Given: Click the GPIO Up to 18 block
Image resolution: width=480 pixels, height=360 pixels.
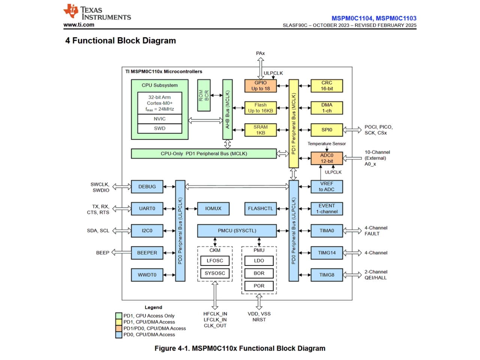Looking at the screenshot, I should pyautogui.click(x=260, y=86).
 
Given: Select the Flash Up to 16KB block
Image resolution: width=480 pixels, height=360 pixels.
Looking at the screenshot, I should pyautogui.click(x=260, y=108).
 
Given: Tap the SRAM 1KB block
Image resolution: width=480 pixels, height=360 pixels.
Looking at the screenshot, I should pyautogui.click(x=260, y=130).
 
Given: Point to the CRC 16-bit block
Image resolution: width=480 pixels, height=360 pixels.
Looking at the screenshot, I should pyautogui.click(x=327, y=86).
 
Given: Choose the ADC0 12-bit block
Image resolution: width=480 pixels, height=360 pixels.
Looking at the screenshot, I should pyautogui.click(x=327, y=158).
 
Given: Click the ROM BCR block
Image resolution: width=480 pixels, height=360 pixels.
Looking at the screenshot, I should pyautogui.click(x=204, y=95).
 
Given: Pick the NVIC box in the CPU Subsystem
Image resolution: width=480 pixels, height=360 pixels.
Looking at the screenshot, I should pyautogui.click(x=160, y=119).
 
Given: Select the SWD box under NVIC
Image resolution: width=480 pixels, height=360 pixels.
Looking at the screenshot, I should pyautogui.click(x=160, y=129).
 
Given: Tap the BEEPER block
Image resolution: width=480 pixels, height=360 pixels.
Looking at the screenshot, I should pyautogui.click(x=147, y=253).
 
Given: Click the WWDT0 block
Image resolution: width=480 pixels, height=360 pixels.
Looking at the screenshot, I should pyautogui.click(x=147, y=275).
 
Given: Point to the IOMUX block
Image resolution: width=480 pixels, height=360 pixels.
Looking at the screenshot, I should pyautogui.click(x=213, y=208).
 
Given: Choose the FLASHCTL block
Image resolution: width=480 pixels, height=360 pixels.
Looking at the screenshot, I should pyautogui.click(x=260, y=208).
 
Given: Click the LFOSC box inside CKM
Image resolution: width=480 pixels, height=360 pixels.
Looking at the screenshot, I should pyautogui.click(x=215, y=261).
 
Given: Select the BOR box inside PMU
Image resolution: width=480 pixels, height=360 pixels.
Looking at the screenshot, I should pyautogui.click(x=259, y=273).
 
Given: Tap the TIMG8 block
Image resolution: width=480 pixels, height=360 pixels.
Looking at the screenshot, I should pyautogui.click(x=327, y=275).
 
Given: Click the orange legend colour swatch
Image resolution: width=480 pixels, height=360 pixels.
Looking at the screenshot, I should pyautogui.click(x=119, y=328).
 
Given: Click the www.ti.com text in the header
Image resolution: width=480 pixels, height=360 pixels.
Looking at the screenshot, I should pyautogui.click(x=79, y=25).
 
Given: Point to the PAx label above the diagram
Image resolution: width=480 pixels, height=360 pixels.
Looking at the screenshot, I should pyautogui.click(x=260, y=53).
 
